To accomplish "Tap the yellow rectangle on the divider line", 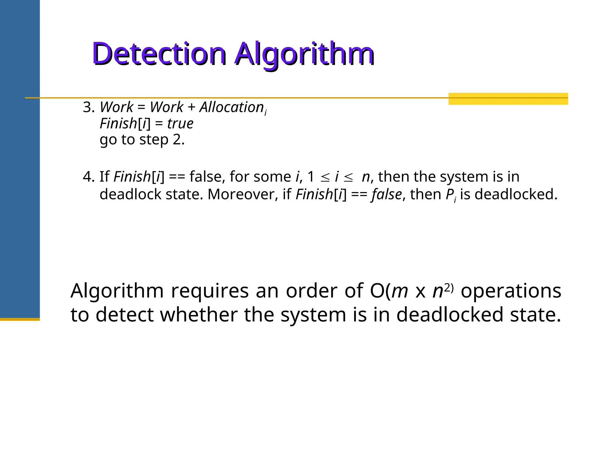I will click(x=508, y=99).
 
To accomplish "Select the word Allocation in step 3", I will click(x=232, y=107).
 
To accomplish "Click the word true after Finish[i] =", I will click(x=180, y=124).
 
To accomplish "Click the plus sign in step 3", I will click(x=192, y=107).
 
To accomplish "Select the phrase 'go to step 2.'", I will click(x=142, y=140).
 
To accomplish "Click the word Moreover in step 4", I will click(x=243, y=194).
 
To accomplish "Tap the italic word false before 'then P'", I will click(x=387, y=195).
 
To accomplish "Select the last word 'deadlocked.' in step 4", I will click(x=516, y=194).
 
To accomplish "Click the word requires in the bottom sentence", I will click(x=210, y=291).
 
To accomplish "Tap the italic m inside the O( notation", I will click(x=400, y=292).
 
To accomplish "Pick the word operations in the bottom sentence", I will click(x=511, y=291).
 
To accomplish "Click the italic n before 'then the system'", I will click(x=366, y=177).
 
